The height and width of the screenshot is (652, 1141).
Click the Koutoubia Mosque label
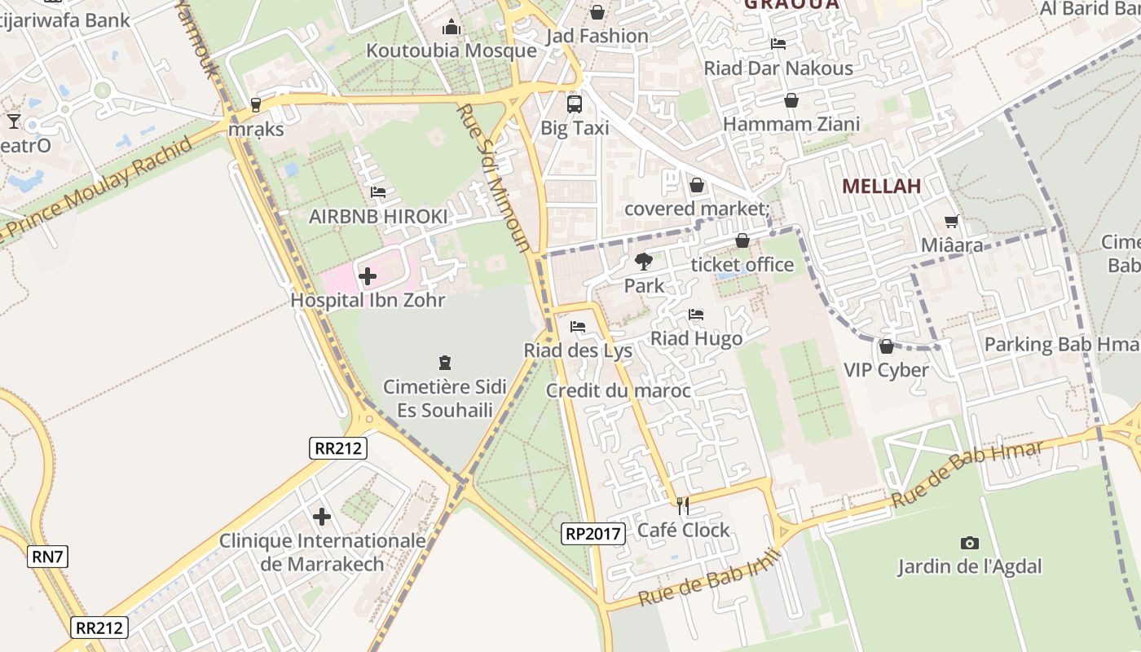(452, 51)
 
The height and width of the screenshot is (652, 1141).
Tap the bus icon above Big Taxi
(575, 104)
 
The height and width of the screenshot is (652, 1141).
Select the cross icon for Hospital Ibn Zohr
(368, 276)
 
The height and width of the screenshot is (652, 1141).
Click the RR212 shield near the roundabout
(338, 447)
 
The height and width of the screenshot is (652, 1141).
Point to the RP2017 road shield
(593, 535)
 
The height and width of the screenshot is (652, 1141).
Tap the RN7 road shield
(48, 557)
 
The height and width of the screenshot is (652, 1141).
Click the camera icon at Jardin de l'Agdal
(969, 543)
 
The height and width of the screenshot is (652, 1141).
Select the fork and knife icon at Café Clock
(683, 506)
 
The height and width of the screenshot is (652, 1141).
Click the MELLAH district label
(881, 186)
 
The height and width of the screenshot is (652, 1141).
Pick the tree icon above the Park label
(644, 262)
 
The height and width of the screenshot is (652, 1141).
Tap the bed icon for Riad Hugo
(696, 314)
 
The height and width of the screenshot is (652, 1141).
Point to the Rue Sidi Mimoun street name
(494, 177)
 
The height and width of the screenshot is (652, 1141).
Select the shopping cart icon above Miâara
(951, 221)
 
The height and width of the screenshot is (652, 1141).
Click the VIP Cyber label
(886, 370)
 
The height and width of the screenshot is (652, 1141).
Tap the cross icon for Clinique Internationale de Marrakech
(322, 517)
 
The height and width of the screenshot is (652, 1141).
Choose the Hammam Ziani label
(791, 125)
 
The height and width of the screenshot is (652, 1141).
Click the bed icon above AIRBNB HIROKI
(378, 192)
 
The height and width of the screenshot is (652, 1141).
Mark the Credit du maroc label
(619, 390)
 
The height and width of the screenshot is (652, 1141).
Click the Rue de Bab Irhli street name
(709, 578)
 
